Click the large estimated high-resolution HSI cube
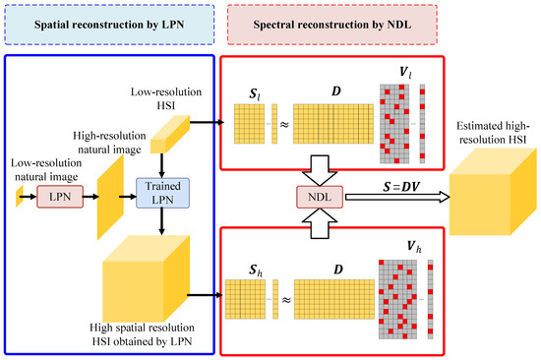(485, 215)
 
